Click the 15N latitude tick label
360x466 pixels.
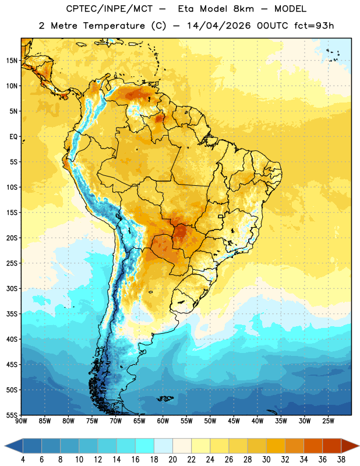[x=12, y=61]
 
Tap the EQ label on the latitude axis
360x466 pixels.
[x=13, y=137]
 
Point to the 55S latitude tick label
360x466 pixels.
[x=12, y=415]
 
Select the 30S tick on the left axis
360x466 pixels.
[x=12, y=288]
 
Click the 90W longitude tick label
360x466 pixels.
[x=22, y=421]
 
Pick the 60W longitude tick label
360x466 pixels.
[x=163, y=421]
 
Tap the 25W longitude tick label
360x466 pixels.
[x=328, y=421]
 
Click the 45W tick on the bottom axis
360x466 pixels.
[x=234, y=421]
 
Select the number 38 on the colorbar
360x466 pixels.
[x=341, y=460]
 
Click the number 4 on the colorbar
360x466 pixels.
[x=23, y=460]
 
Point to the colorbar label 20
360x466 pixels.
[x=172, y=460]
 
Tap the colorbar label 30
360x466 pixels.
[x=266, y=460]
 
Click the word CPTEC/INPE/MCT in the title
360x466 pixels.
[x=109, y=9]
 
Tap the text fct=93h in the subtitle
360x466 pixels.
[x=314, y=26]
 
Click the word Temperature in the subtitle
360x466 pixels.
[x=114, y=26]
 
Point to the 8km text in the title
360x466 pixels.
[x=243, y=9]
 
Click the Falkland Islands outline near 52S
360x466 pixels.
[x=165, y=398]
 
